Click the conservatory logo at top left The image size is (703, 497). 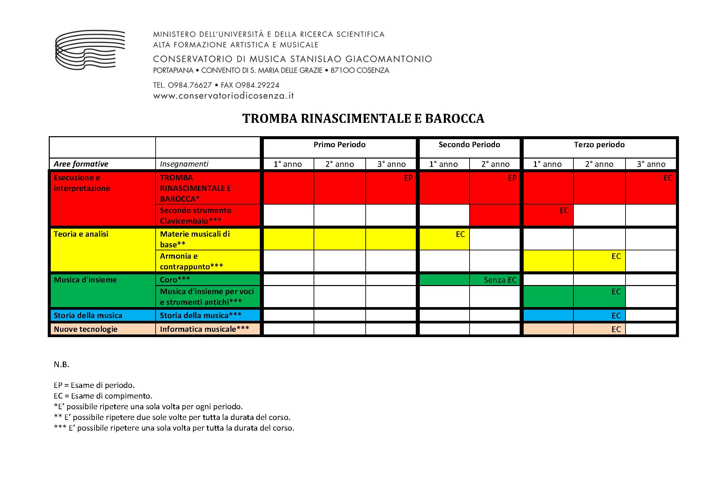pyautogui.click(x=90, y=50)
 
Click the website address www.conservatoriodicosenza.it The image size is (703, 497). pyautogui.click(x=223, y=96)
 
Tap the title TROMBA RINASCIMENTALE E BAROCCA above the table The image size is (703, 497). pyautogui.click(x=363, y=118)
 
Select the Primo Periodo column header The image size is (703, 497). pyautogui.click(x=339, y=145)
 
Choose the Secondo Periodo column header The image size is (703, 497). pyautogui.click(x=469, y=145)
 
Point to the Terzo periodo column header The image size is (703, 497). pyautogui.click(x=599, y=145)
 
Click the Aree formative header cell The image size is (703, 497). pyautogui.click(x=81, y=164)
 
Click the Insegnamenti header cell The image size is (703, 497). pyautogui.click(x=184, y=164)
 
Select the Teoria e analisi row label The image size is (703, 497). pyautogui.click(x=81, y=234)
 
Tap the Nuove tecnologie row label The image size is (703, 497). pyautogui.click(x=85, y=329)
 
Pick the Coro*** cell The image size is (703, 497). pyautogui.click(x=175, y=280)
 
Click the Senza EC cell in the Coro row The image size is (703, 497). pyautogui.click(x=500, y=280)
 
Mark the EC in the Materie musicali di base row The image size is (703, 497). pyautogui.click(x=460, y=234)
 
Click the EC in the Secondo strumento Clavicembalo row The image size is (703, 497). pyautogui.click(x=564, y=211)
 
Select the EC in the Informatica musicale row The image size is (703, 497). pyautogui.click(x=616, y=329)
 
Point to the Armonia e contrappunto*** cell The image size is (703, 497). pyautogui.click(x=191, y=261)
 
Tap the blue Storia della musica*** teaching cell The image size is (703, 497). pyautogui.click(x=200, y=315)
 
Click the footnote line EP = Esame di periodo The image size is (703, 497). pyautogui.click(x=94, y=385)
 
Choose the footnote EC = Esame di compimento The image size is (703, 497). pyautogui.click(x=103, y=396)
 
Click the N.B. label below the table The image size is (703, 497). pyautogui.click(x=61, y=364)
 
